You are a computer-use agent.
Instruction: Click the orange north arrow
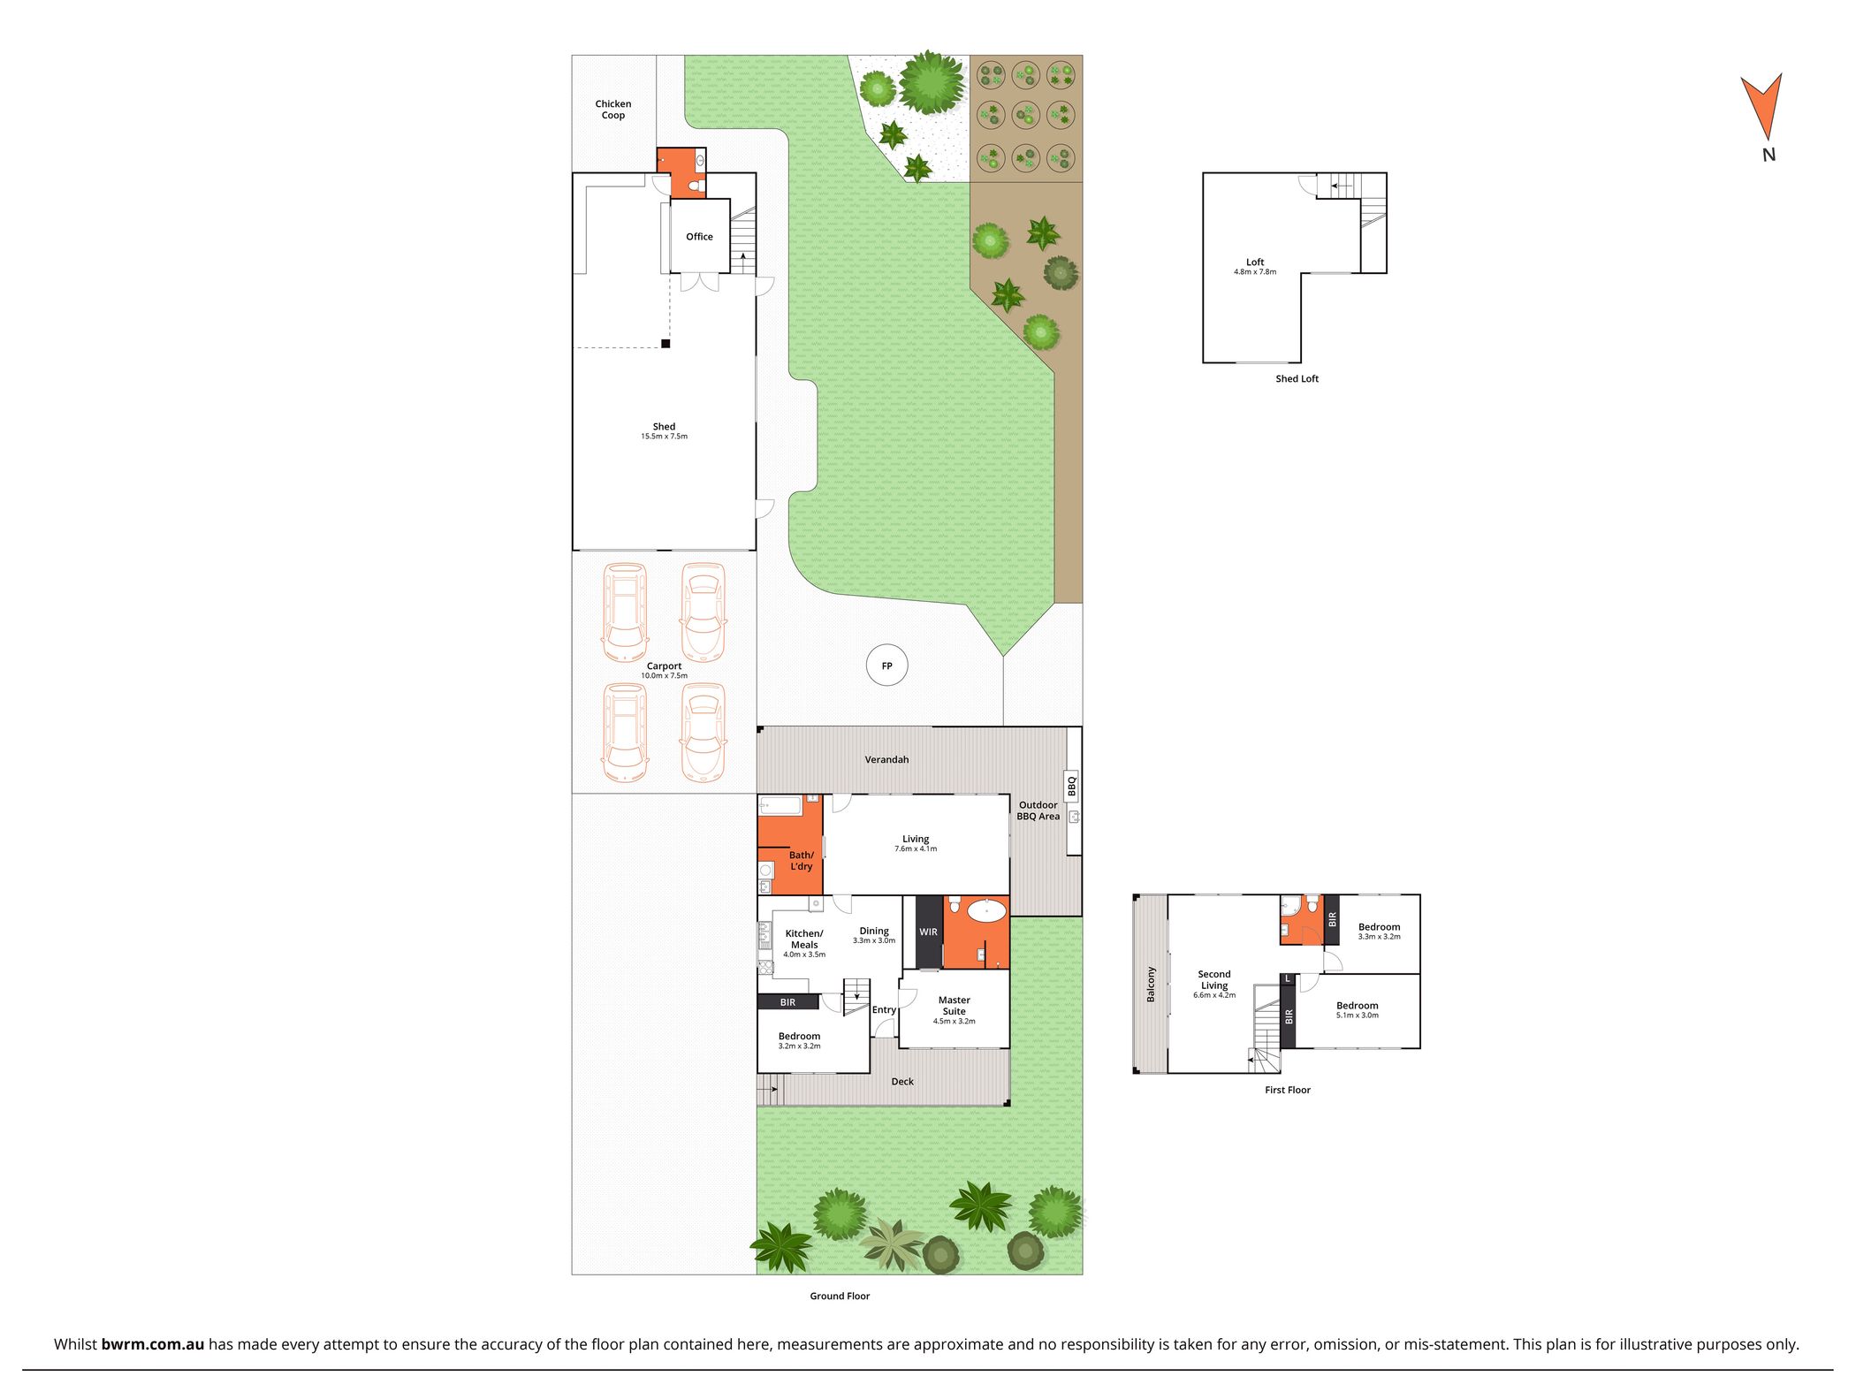(1761, 104)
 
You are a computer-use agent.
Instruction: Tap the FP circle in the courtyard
(886, 666)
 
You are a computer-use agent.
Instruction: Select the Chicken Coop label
(613, 110)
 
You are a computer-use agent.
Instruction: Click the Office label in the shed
(699, 237)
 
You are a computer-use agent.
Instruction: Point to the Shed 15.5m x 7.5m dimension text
(664, 437)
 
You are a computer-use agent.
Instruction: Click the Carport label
(664, 666)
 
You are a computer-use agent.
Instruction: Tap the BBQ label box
(1072, 786)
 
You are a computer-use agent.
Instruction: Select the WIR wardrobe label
(928, 932)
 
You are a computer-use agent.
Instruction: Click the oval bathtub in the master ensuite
(985, 910)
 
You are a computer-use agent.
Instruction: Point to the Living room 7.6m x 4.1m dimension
(916, 849)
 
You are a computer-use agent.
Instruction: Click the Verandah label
(886, 760)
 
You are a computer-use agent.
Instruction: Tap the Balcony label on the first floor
(1151, 985)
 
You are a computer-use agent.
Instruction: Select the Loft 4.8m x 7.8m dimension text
(1255, 272)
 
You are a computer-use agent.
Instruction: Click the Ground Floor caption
(840, 1297)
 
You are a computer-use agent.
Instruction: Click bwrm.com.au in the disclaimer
(153, 1345)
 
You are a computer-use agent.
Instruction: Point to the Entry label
(884, 1010)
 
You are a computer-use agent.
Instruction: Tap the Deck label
(902, 1082)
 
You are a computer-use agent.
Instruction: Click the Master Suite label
(955, 1006)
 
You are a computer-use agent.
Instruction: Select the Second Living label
(1214, 980)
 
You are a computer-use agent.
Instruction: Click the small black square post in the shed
(666, 344)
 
